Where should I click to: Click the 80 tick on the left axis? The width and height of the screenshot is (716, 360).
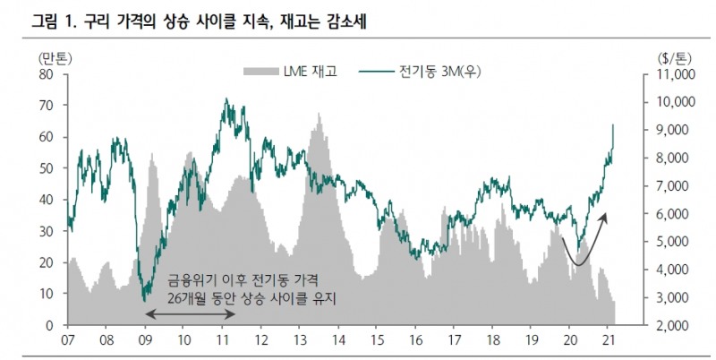point(47,74)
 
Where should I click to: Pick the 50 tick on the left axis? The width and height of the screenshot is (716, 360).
point(47,168)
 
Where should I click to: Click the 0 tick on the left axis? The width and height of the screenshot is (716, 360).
point(51,324)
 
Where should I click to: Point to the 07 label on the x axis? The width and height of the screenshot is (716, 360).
point(67,340)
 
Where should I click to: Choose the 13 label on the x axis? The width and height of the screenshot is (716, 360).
point(299,340)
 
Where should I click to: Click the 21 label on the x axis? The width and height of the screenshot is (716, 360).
point(608,340)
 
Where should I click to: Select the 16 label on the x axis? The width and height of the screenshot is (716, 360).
point(414,340)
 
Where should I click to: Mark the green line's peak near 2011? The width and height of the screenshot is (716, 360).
point(226,99)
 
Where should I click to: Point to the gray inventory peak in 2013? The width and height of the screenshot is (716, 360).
point(317,114)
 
